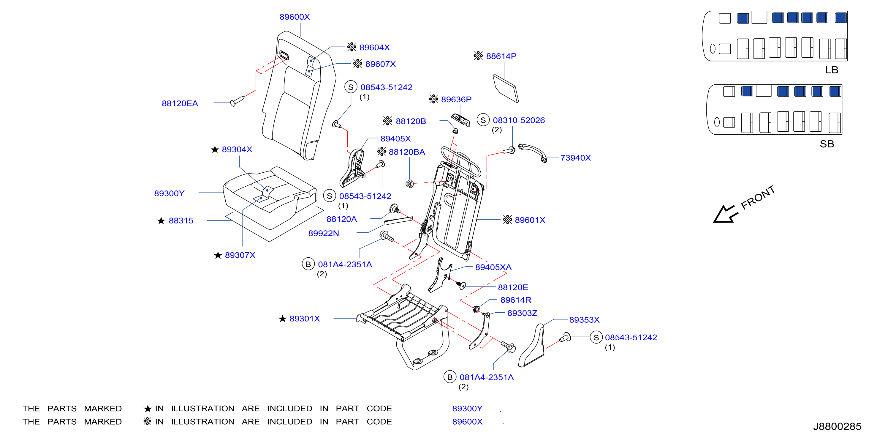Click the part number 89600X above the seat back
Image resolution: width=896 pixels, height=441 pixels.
coord(295,17)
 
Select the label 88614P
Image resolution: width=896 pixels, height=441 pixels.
coord(501,56)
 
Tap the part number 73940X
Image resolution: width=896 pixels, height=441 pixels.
coord(576,158)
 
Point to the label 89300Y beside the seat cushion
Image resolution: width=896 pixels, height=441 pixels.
coord(170,193)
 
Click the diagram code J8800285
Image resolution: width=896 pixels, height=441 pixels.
coord(837,426)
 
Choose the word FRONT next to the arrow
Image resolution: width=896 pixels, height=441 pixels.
coord(758,197)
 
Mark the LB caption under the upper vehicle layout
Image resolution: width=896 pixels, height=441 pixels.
coord(832,70)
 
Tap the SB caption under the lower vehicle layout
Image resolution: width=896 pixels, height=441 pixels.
coord(827,144)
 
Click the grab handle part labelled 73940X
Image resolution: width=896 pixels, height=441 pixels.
coord(533,152)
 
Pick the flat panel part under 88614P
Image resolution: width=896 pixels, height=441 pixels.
coord(506,88)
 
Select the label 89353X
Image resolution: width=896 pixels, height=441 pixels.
coord(584,320)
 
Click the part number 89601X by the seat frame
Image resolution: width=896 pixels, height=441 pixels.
coord(530,220)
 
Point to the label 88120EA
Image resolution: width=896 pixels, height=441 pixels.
coord(180,103)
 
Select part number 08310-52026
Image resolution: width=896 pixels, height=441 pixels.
coord(519,120)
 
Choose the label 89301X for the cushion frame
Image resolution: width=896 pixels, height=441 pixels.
coord(305,319)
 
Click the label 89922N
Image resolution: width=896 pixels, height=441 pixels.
coord(324,233)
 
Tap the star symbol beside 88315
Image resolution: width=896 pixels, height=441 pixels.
coord(161,221)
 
